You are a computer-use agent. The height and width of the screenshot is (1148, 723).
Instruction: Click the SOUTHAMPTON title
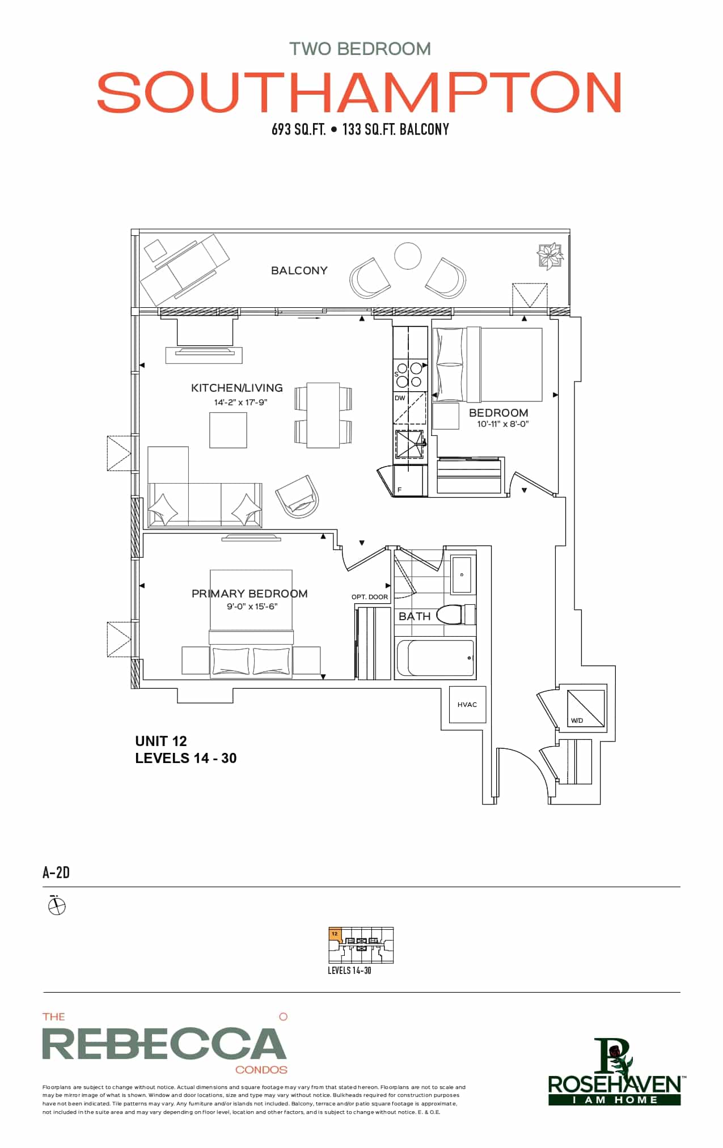(360, 92)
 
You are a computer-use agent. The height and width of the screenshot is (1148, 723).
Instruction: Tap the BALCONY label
(299, 270)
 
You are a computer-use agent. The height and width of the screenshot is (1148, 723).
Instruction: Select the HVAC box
(467, 704)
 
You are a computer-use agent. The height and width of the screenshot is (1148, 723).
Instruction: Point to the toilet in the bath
(456, 614)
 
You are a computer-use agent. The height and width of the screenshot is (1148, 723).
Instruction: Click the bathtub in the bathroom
(435, 658)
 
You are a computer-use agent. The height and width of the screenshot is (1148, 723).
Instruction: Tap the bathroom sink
(463, 574)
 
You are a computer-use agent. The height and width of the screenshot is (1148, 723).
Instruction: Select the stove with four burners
(409, 374)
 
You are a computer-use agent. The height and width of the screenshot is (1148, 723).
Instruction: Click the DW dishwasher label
(400, 398)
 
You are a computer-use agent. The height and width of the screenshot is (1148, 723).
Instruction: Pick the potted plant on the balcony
(550, 256)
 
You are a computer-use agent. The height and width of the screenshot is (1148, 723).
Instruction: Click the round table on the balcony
(408, 256)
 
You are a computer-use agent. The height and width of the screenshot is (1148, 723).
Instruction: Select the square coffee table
(228, 430)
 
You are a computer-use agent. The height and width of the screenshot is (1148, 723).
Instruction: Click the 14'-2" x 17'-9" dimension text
(240, 403)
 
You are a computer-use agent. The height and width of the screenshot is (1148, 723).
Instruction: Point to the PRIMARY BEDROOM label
(250, 594)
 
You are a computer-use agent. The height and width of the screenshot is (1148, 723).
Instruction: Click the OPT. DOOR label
(370, 597)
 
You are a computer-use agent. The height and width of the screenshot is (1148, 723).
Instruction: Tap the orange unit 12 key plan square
(335, 934)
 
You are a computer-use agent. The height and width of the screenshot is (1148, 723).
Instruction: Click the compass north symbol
(57, 905)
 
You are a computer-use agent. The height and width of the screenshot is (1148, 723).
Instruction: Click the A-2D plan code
(56, 872)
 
